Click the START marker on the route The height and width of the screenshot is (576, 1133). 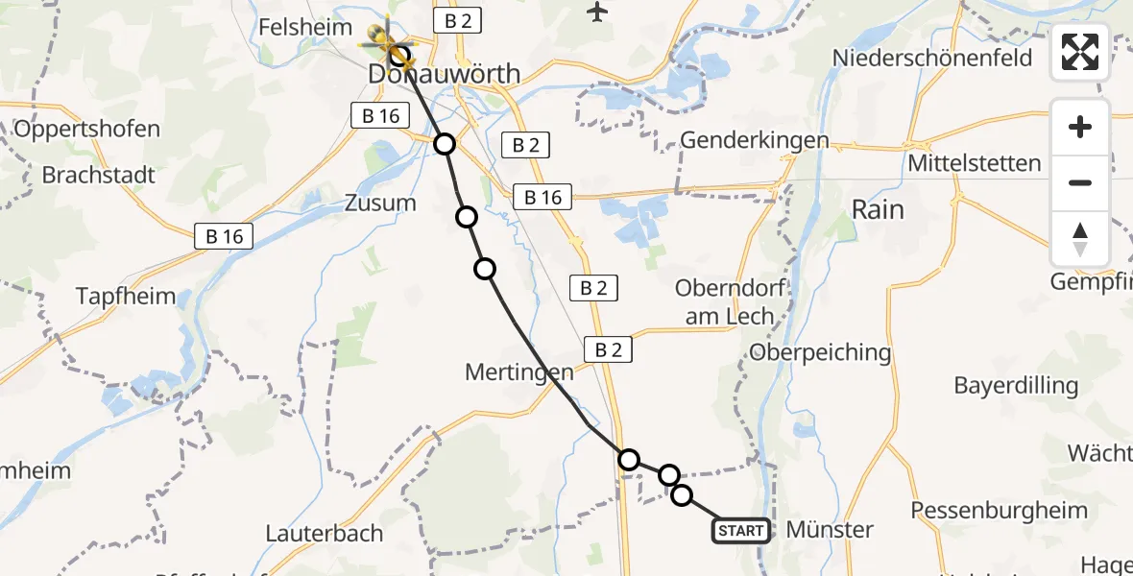coord(741,531)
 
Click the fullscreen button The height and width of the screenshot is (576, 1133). coord(1080,52)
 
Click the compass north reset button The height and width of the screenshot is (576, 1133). coord(1080,239)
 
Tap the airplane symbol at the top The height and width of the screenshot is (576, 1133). coord(598,12)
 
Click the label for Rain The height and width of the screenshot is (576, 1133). coord(878,209)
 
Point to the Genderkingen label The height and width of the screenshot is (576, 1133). coord(754,140)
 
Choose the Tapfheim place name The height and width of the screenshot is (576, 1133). coord(127,296)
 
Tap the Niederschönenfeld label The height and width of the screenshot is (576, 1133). coord(932,58)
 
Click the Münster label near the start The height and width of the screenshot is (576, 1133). coord(830,529)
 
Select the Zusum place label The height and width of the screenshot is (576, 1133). coord(380,203)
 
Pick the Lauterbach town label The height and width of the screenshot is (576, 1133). coord(324,533)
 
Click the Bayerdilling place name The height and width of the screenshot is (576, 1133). coord(1016,386)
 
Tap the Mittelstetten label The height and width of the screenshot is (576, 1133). coord(975,163)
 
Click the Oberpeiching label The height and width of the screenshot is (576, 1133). coord(820,352)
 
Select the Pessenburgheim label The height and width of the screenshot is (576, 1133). coord(999,510)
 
